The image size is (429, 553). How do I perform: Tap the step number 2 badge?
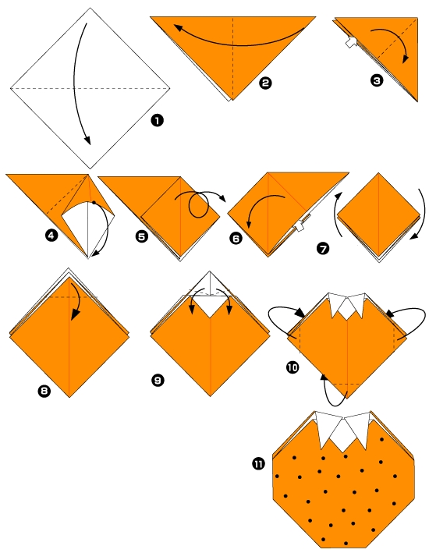pos(264,83)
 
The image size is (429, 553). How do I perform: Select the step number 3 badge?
pos(378,78)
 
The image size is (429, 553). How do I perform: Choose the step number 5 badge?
pos(141,236)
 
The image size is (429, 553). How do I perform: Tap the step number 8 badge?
pos(44,384)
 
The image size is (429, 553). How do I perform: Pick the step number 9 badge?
pos(158,380)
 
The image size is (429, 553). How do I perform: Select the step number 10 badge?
pos(293,367)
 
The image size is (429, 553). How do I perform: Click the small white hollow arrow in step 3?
pos(351,44)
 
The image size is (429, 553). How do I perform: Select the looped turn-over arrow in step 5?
pos(200,207)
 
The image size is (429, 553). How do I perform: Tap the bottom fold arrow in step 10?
pos(328,390)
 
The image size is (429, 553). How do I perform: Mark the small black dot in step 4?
pos(94,203)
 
